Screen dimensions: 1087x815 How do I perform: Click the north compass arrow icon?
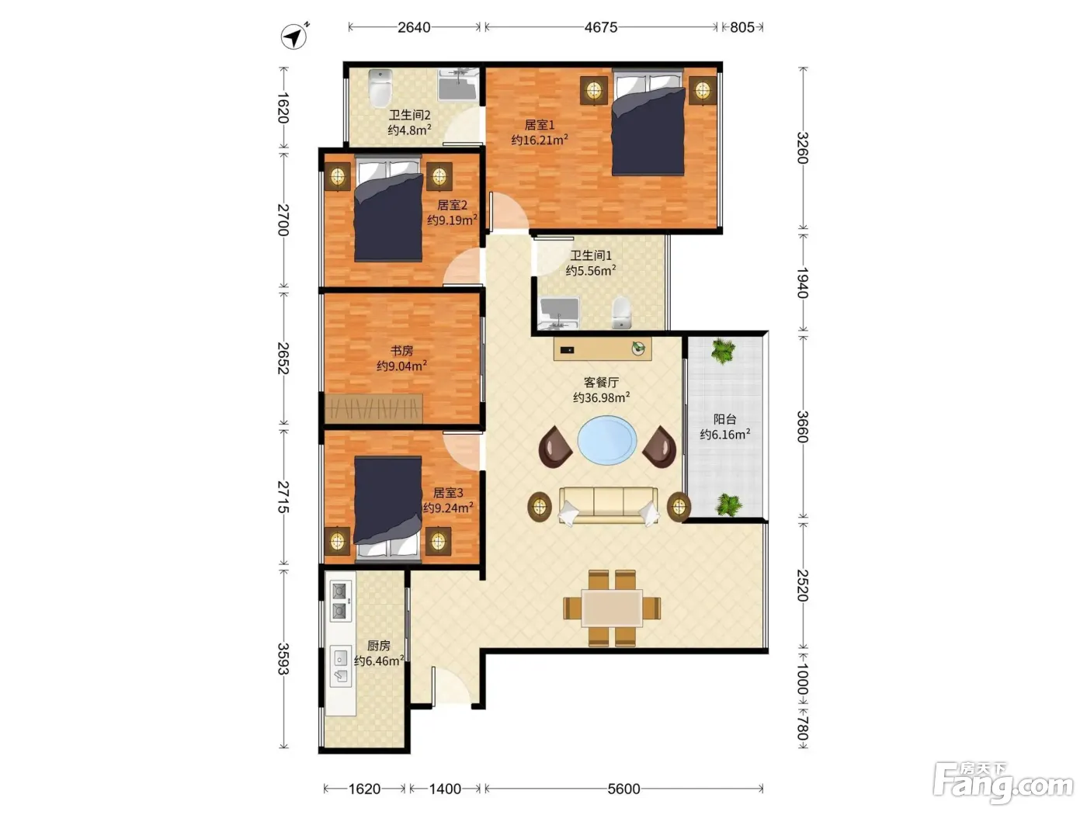click(x=293, y=36)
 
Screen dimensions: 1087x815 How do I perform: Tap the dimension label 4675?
click(x=600, y=27)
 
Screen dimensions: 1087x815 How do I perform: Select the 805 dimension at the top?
click(x=741, y=27)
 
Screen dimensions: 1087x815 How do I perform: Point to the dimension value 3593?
click(x=283, y=659)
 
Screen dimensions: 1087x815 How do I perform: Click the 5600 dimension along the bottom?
click(x=623, y=789)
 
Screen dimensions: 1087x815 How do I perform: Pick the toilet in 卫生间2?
click(x=380, y=88)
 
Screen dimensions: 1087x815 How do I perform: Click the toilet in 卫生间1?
click(x=621, y=312)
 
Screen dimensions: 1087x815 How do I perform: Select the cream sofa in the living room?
click(x=608, y=505)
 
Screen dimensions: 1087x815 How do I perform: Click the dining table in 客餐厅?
click(x=612, y=608)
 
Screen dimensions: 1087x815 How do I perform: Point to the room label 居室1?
click(x=539, y=125)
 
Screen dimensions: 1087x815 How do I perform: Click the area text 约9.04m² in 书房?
click(x=401, y=366)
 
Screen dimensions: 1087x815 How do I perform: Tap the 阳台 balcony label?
click(x=724, y=419)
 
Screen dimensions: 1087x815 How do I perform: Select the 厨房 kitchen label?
click(x=378, y=645)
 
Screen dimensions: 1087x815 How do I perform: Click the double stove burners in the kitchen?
click(x=340, y=601)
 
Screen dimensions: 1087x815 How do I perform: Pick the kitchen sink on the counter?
click(x=341, y=665)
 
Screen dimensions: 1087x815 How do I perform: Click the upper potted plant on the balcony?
click(x=723, y=351)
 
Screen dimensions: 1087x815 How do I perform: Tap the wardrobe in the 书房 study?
click(x=373, y=409)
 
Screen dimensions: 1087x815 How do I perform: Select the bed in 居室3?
click(x=387, y=507)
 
